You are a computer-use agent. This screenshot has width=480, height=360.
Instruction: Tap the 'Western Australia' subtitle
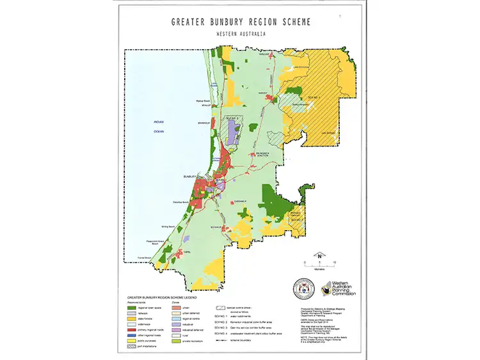pos(241,33)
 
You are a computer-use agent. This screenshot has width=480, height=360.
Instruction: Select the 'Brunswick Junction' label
pos(268,155)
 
